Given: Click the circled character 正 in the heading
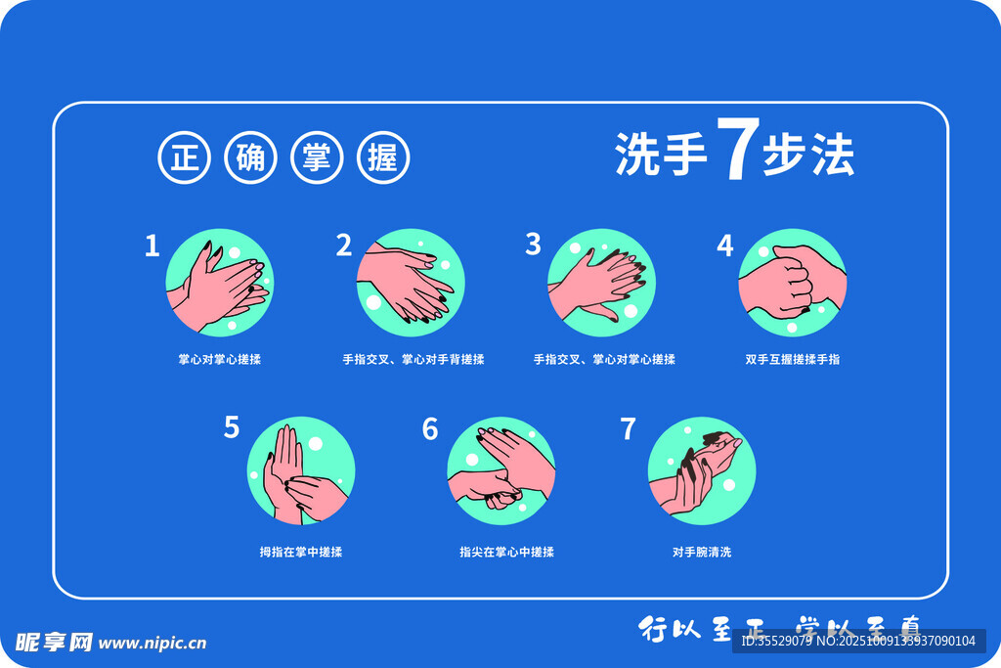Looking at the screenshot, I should (x=184, y=157).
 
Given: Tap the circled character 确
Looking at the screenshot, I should (x=250, y=157).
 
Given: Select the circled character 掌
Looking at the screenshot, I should (x=317, y=157).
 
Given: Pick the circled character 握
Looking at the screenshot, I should (x=383, y=157).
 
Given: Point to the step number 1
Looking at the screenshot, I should (x=152, y=245).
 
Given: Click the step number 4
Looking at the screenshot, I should (x=724, y=245).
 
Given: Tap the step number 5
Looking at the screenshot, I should (x=232, y=427).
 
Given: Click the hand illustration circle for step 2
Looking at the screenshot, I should (x=410, y=283).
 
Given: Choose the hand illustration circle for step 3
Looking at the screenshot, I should (x=600, y=283).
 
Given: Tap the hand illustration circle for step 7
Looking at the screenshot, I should (x=701, y=470).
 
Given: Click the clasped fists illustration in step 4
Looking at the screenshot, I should (x=792, y=283).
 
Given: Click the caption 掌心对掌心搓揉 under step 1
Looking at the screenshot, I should (x=219, y=360).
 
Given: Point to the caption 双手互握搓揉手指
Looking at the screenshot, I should (x=792, y=360).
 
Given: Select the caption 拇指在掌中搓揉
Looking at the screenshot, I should (x=300, y=552).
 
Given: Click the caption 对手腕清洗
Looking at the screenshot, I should (x=701, y=552).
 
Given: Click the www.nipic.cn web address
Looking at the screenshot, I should (x=152, y=644).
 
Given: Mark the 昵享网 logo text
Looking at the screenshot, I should (x=54, y=643).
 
